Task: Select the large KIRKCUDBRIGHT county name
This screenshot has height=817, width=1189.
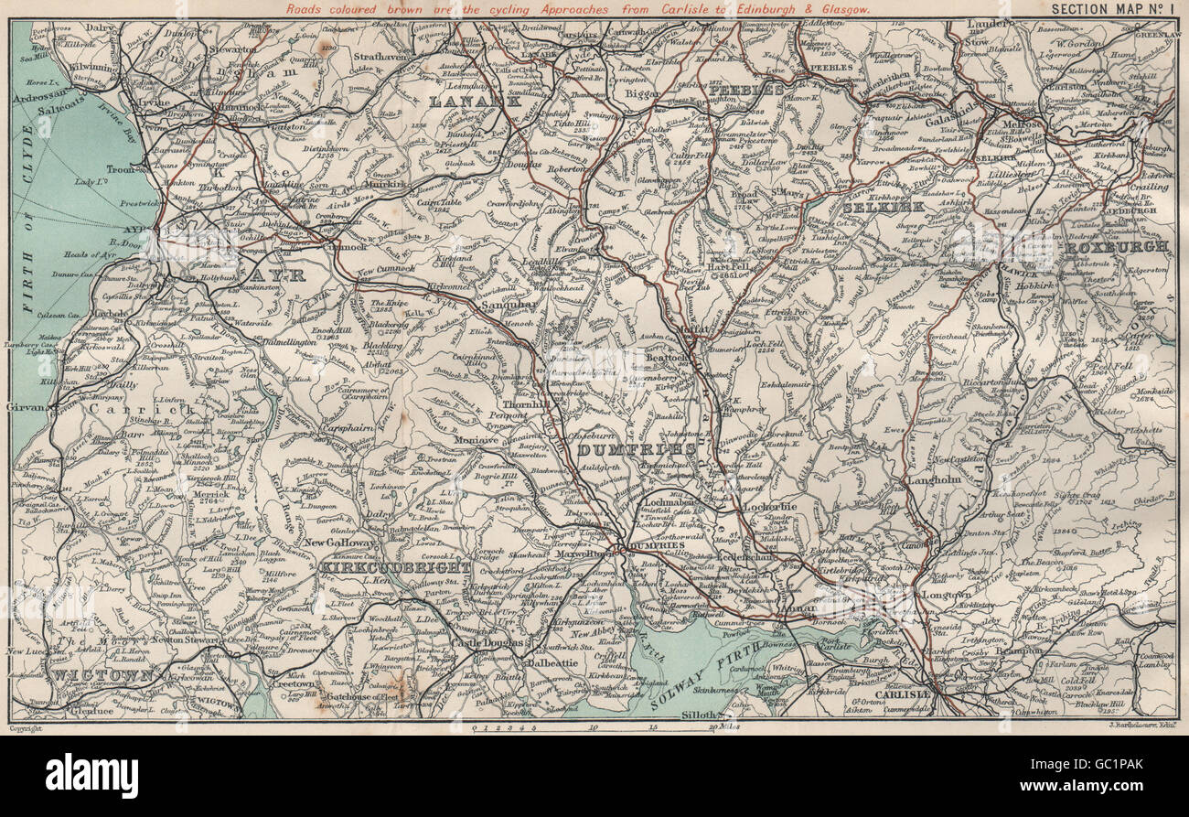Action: (x=395, y=567)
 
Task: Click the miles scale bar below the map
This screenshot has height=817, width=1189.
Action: (x=604, y=727)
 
